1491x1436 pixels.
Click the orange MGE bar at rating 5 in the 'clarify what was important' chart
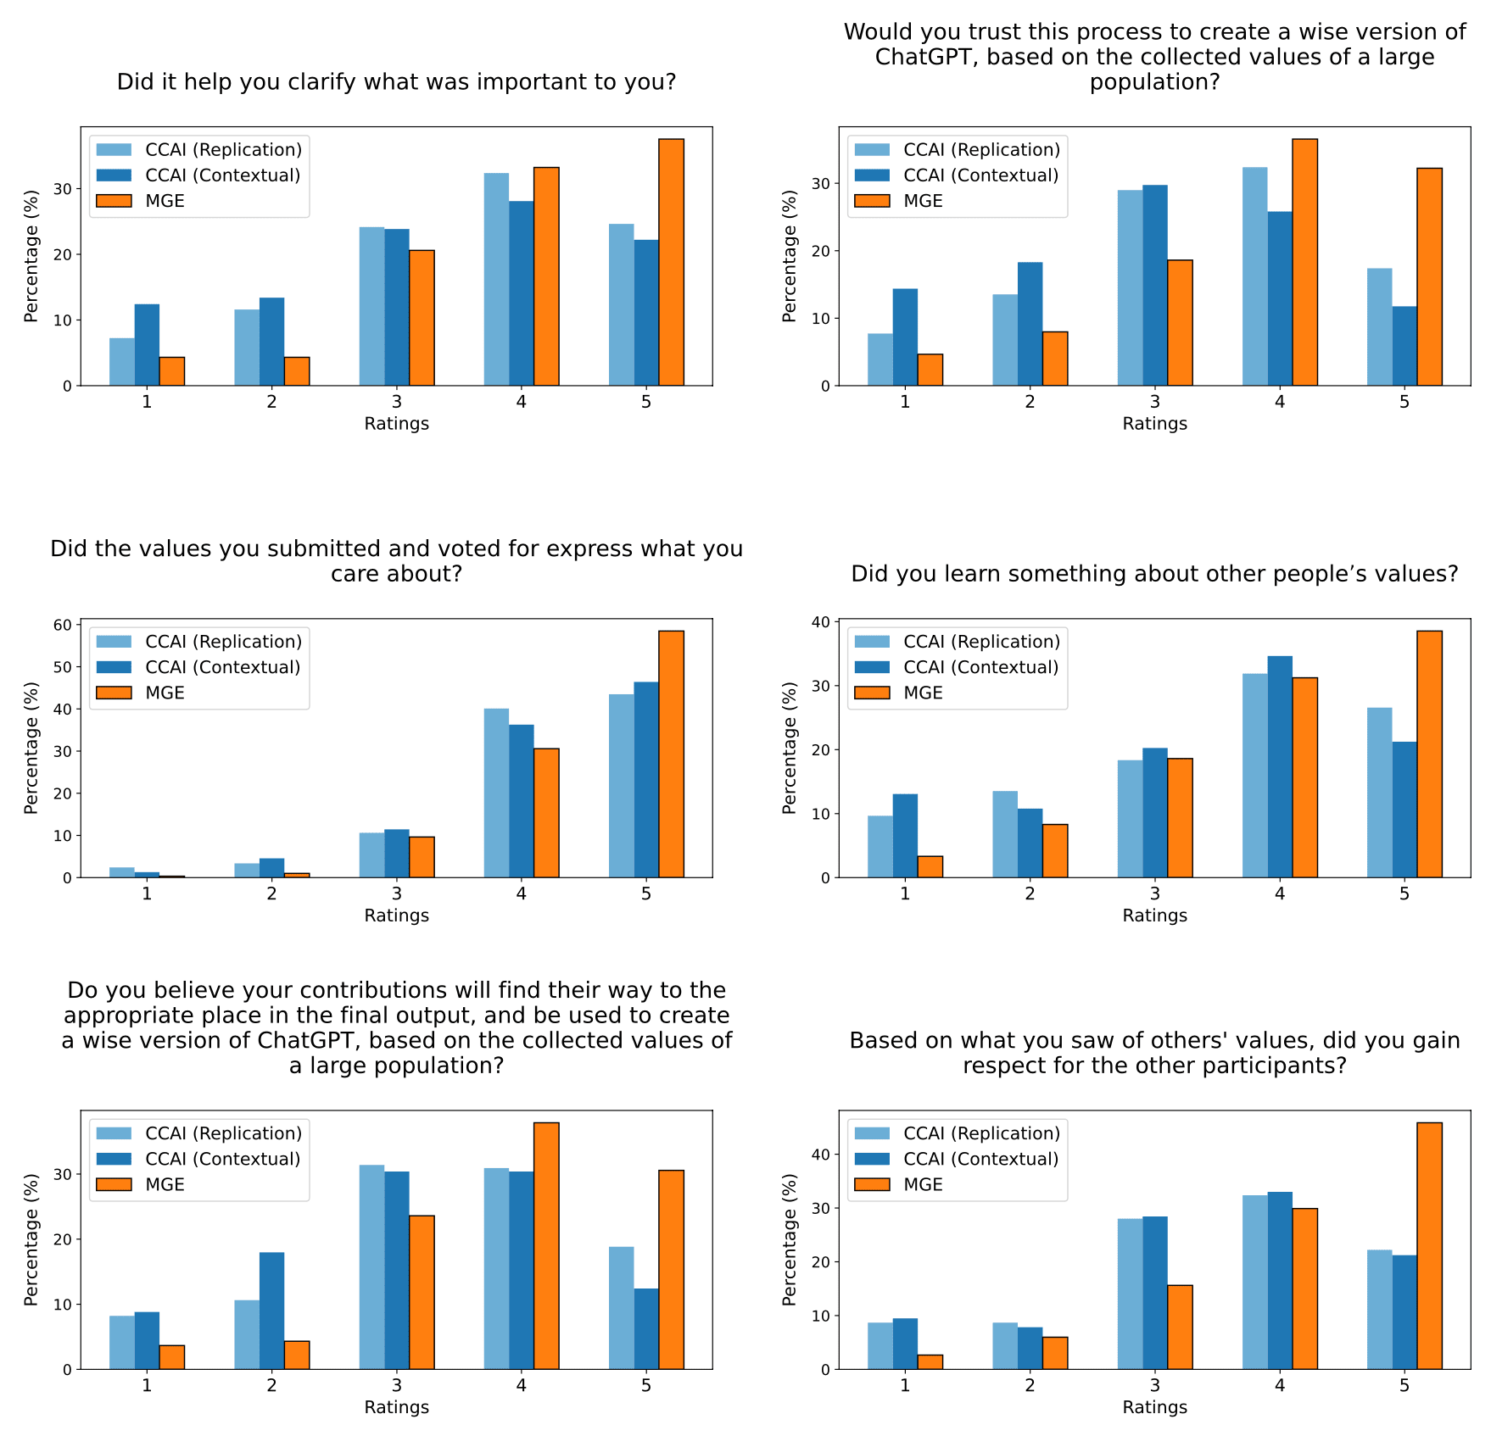671,262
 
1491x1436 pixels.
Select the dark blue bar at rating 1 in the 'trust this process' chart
905,337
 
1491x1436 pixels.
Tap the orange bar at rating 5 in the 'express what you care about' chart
671,754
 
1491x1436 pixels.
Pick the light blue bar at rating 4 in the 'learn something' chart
1254,776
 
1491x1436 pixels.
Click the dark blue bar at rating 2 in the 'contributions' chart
271,1311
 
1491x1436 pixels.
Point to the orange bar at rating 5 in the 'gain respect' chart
1429,1245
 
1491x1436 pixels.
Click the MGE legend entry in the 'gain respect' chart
923,1184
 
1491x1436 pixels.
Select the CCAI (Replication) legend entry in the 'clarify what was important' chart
223,150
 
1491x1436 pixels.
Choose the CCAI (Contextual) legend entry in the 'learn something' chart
980,667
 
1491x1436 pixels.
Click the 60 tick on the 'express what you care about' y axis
63,625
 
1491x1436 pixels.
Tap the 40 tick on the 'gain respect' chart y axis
821,1155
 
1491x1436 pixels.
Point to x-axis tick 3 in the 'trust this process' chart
1154,402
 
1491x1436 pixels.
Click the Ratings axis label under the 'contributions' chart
396,1407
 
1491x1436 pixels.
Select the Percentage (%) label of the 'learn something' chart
790,748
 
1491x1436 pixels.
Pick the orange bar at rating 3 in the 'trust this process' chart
1180,323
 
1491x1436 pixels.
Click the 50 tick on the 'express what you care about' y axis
63,667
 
